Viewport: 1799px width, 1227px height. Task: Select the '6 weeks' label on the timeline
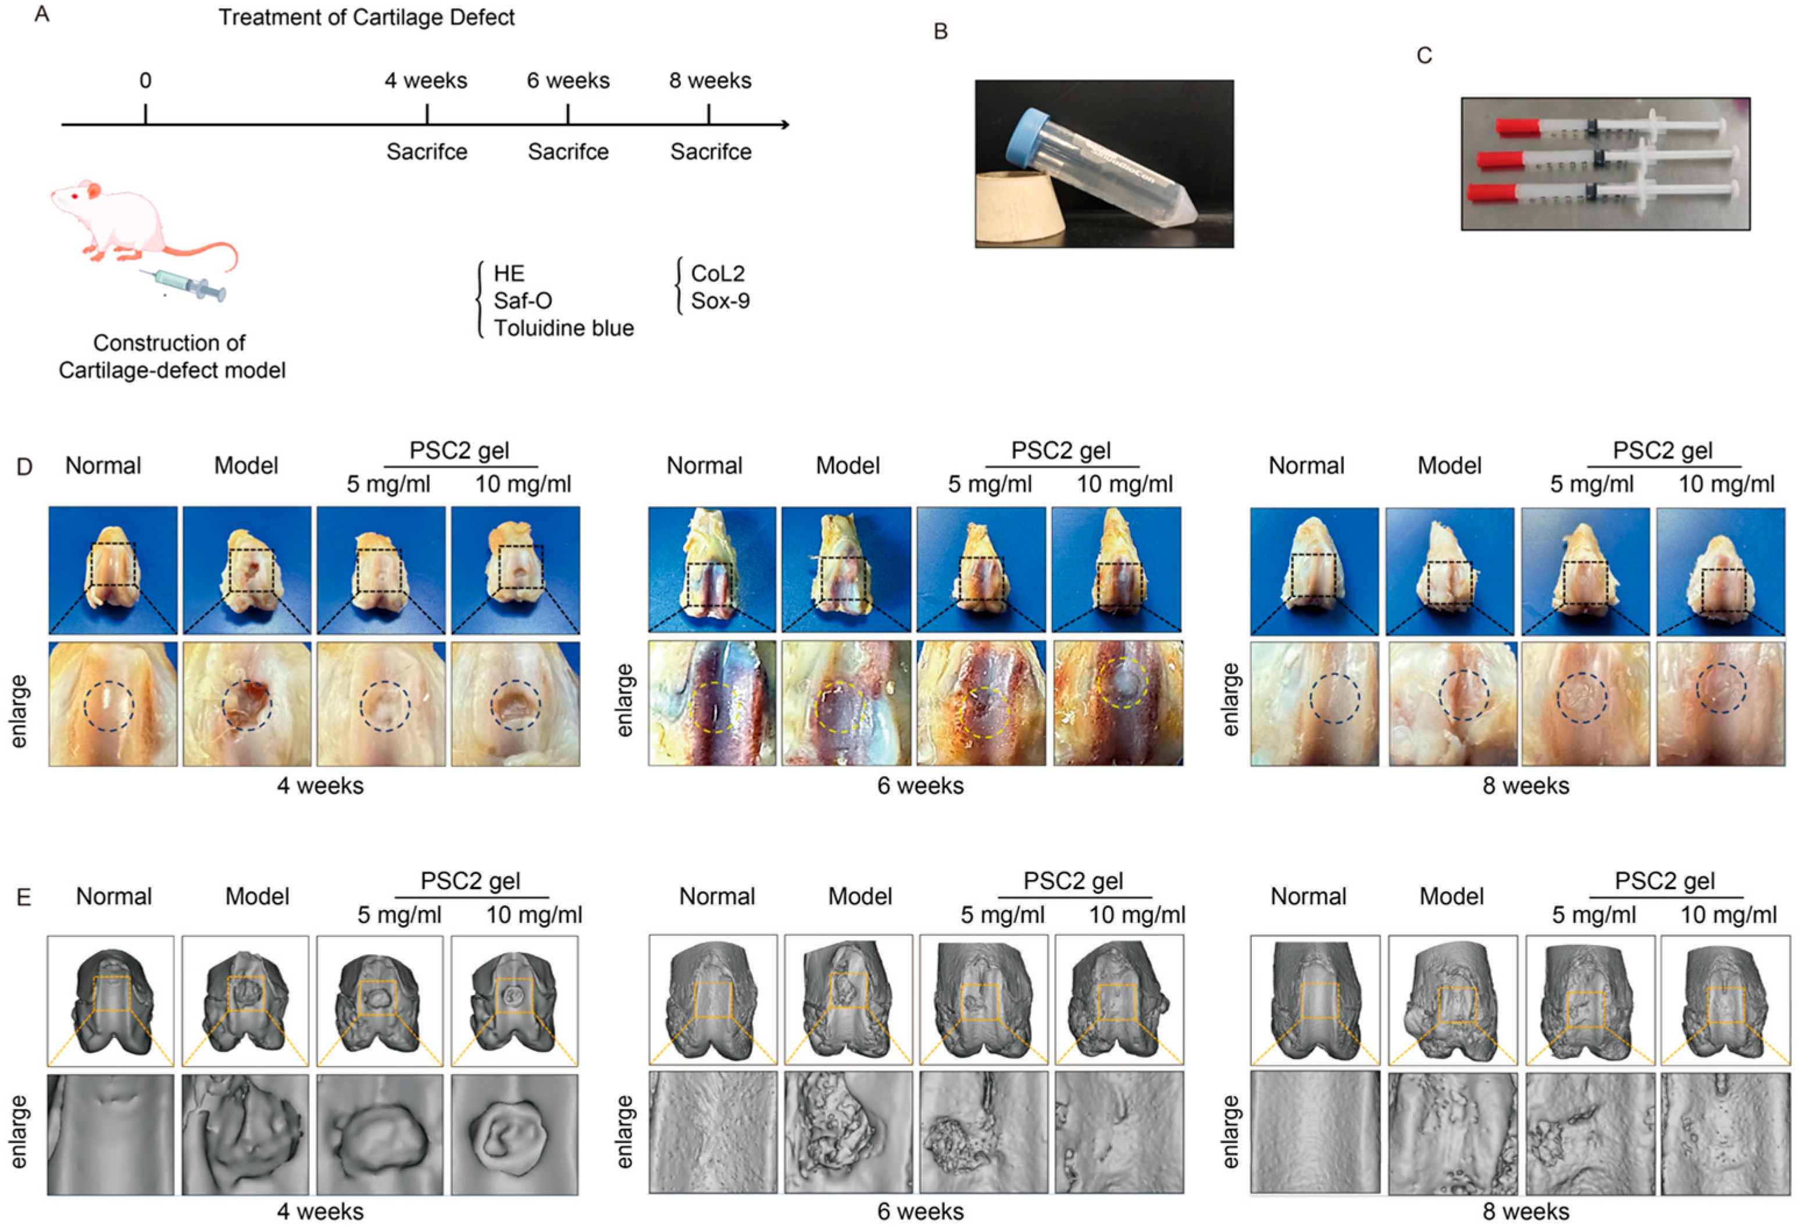pos(568,80)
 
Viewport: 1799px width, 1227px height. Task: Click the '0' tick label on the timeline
pos(145,80)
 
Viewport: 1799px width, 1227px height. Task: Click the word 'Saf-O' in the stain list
pos(523,301)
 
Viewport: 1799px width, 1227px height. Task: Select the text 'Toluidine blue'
pos(563,328)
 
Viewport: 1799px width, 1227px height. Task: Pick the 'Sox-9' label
pos(720,301)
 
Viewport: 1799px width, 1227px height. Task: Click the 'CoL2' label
pos(718,273)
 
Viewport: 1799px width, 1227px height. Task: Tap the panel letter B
pos(941,32)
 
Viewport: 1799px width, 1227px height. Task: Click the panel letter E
pos(24,897)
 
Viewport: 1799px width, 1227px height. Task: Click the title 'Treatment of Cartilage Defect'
pos(366,17)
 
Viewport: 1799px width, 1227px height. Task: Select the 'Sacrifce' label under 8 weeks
pos(711,152)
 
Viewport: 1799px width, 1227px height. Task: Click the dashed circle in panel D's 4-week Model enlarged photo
pos(247,704)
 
